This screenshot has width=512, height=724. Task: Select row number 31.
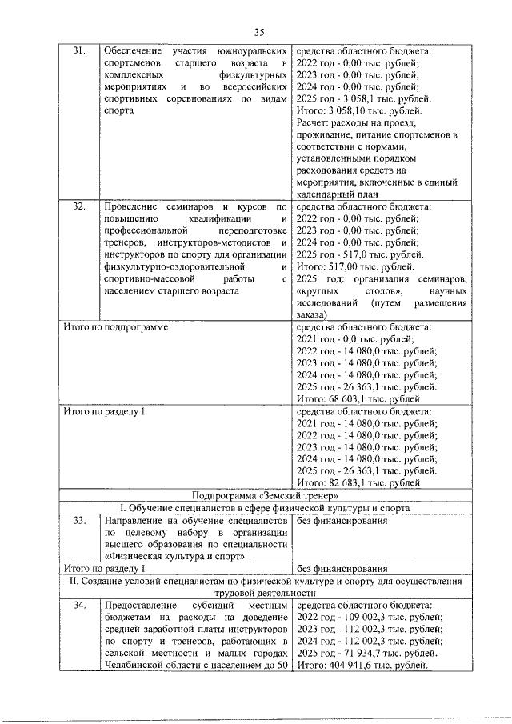pos(78,50)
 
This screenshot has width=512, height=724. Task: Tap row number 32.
pos(78,206)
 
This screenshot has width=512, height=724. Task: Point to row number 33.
pos(78,522)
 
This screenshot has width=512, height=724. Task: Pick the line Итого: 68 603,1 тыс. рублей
pos(357,398)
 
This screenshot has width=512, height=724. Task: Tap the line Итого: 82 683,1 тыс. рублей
pos(357,483)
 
